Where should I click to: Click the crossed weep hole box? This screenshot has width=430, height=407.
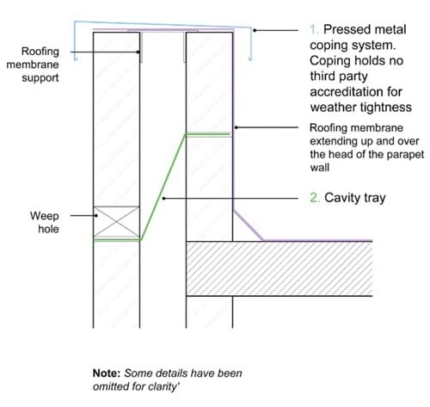pos(117,221)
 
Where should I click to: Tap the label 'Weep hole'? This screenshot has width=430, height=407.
pos(45,222)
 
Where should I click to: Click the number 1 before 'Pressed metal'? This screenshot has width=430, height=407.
pos(314,29)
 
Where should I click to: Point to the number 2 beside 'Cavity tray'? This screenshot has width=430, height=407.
pos(315,198)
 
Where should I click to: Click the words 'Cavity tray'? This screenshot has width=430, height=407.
pos(355,198)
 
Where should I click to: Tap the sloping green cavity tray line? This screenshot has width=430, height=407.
pos(163,187)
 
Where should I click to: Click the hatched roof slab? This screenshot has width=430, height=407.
pos(279,268)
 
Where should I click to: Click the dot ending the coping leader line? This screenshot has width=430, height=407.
pos(255,30)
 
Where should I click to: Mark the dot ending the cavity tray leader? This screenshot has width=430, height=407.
pos(163,198)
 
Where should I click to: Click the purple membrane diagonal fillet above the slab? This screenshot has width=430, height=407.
pos(248,225)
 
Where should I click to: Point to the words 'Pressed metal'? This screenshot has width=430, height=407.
pos(365,29)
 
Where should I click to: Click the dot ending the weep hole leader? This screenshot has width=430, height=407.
pos(96,215)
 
